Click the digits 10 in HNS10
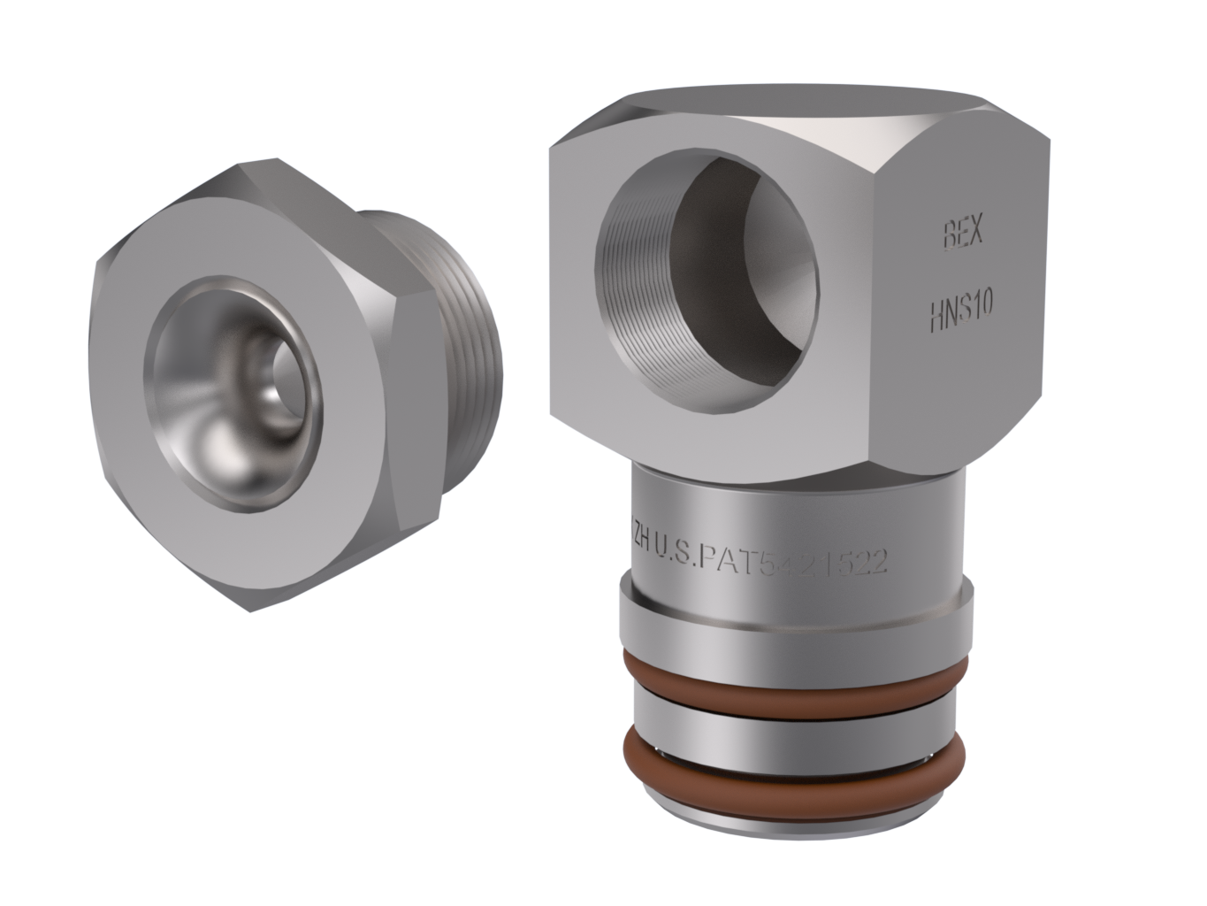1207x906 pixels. click(x=982, y=306)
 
